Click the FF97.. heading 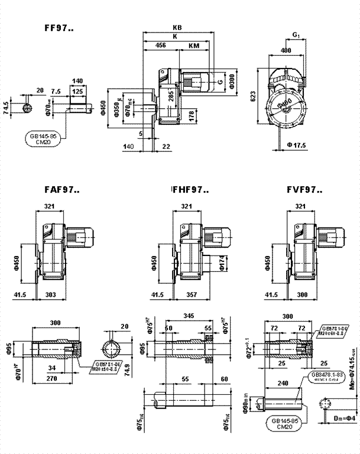pyautogui.click(x=59, y=27)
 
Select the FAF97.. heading pyautogui.click(x=62, y=190)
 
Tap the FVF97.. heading pyautogui.click(x=304, y=190)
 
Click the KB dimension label pyautogui.click(x=177, y=28)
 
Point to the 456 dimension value pyautogui.click(x=160, y=45)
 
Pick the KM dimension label pyautogui.click(x=194, y=45)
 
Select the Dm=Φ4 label pyautogui.click(x=343, y=434)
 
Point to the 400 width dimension pyautogui.click(x=286, y=52)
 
